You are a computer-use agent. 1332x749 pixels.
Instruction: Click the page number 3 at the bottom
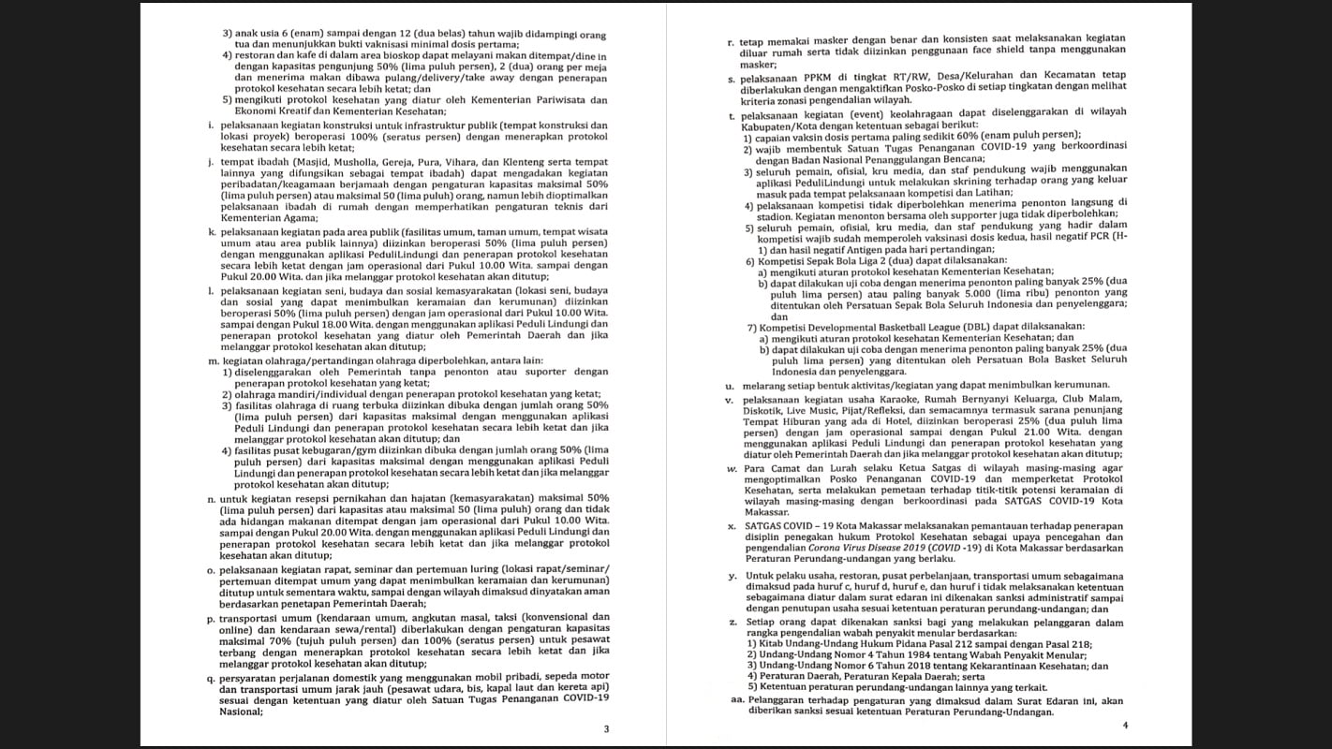pos(605,728)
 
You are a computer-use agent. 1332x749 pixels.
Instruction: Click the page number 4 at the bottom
pos(1125,726)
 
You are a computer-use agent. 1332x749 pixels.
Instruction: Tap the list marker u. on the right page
pos(730,385)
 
